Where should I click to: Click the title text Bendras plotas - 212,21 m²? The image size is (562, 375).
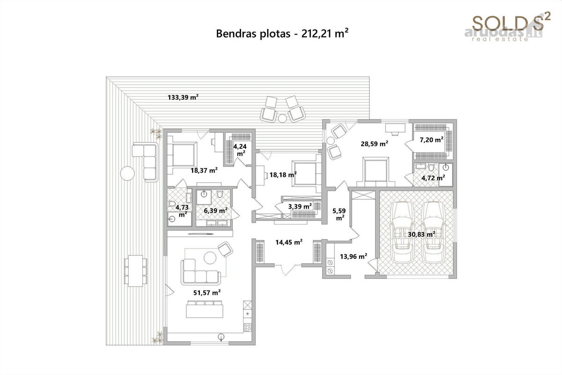(282, 34)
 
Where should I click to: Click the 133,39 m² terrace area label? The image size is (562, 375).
(183, 97)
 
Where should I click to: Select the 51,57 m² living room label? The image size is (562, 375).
(207, 292)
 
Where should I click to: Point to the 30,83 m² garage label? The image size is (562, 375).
(421, 234)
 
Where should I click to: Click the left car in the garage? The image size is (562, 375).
(403, 232)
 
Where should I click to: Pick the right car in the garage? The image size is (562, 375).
(434, 232)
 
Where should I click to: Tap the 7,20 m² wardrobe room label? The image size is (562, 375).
(431, 140)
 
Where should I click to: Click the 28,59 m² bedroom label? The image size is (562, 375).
(374, 144)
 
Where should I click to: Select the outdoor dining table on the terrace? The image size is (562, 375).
(135, 271)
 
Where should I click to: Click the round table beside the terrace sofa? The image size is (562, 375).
(127, 173)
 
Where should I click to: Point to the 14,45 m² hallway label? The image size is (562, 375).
(289, 242)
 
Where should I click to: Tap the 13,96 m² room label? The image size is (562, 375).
(354, 256)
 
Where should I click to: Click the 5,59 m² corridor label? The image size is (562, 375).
(340, 215)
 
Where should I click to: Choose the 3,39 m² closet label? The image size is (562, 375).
(300, 206)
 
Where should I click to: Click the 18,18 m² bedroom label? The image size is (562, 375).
(283, 174)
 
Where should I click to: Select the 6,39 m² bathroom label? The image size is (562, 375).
(216, 210)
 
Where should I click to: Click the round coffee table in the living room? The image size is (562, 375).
(210, 258)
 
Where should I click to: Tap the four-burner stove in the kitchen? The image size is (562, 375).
(248, 327)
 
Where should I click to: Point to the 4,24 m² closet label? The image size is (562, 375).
(240, 150)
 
